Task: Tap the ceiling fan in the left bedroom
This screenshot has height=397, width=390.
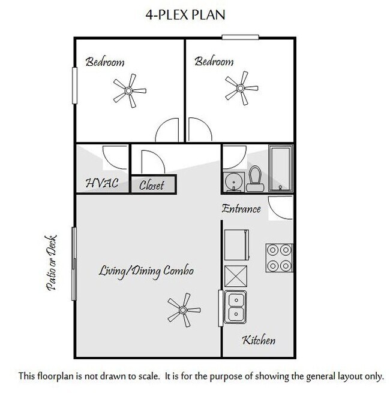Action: (x=127, y=91)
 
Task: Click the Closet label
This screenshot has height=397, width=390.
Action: (x=152, y=186)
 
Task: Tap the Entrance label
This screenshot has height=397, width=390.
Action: (x=241, y=209)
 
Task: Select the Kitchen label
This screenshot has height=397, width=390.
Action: (x=259, y=341)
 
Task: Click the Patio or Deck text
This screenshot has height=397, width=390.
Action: (x=51, y=262)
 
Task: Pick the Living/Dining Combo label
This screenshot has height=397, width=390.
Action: (x=146, y=271)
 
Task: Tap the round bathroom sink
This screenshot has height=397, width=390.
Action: (x=232, y=181)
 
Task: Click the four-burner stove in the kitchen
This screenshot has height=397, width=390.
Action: (x=279, y=257)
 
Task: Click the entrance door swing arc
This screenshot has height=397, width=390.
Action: (x=278, y=208)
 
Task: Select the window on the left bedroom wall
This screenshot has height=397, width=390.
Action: (x=75, y=84)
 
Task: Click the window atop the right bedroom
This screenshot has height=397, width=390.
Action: (x=241, y=38)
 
